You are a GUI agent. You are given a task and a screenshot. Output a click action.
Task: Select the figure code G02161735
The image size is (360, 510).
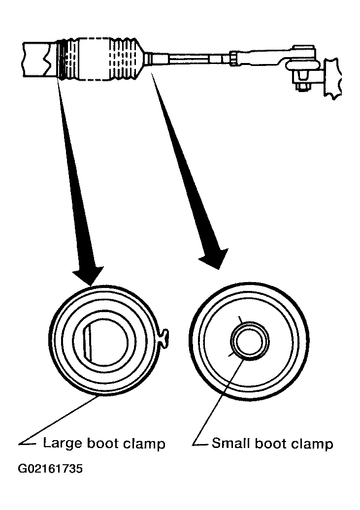tap(50, 469)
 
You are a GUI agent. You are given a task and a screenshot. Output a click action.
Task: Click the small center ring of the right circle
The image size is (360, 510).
tap(250, 342)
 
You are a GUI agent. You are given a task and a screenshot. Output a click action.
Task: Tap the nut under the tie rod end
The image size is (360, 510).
tap(303, 87)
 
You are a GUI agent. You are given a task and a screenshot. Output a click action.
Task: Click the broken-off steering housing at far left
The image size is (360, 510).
tap(37, 59)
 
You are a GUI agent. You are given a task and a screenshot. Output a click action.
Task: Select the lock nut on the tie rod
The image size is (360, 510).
tap(234, 59)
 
